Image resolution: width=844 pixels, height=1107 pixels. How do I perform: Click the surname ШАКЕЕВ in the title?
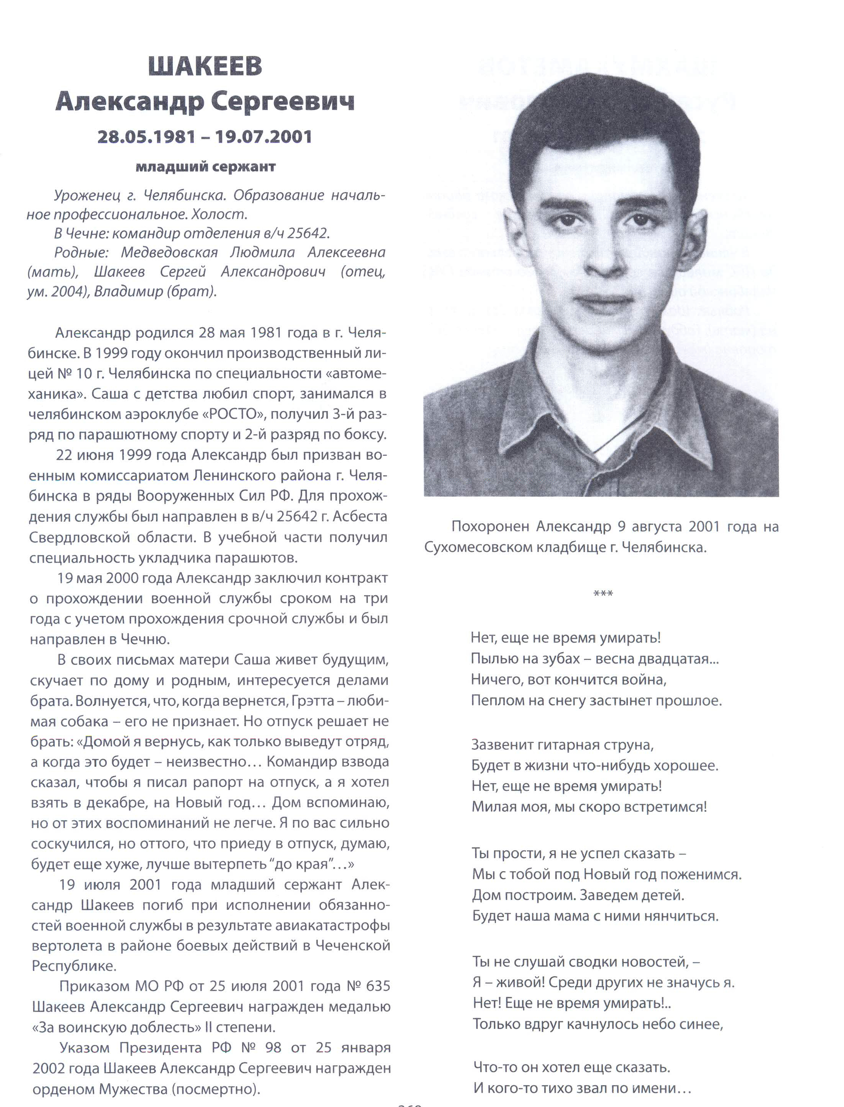(205, 66)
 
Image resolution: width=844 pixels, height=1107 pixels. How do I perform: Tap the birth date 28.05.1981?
(146, 136)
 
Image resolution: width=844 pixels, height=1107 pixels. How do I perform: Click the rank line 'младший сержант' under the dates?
(205, 167)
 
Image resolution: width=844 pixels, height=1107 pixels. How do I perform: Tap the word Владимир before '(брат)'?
(126, 292)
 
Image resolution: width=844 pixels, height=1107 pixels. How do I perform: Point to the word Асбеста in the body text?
(360, 516)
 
